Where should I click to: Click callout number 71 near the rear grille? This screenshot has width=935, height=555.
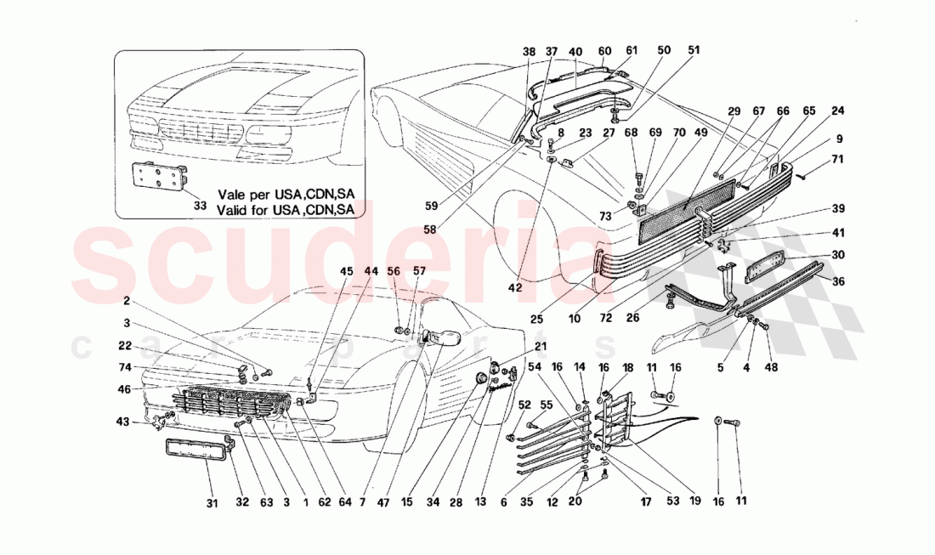click(x=838, y=158)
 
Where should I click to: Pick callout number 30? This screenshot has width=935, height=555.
click(x=838, y=254)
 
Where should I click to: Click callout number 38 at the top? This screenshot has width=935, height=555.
click(x=530, y=51)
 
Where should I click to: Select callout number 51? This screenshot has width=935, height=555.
click(x=694, y=51)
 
